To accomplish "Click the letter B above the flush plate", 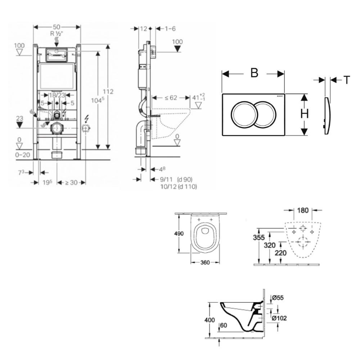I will pyautogui.click(x=254, y=73).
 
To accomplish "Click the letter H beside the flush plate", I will pyautogui.click(x=305, y=114).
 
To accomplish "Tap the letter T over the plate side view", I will pyautogui.click(x=346, y=80).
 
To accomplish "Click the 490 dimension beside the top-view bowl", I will pyautogui.click(x=179, y=234).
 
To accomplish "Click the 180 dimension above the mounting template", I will pyautogui.click(x=303, y=210).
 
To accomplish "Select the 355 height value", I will pyautogui.click(x=259, y=237).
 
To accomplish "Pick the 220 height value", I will pyautogui.click(x=281, y=253).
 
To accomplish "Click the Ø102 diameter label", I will pyautogui.click(x=279, y=318).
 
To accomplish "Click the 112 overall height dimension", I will pyautogui.click(x=110, y=91).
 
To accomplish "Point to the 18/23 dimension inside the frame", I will pyautogui.click(x=57, y=95).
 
